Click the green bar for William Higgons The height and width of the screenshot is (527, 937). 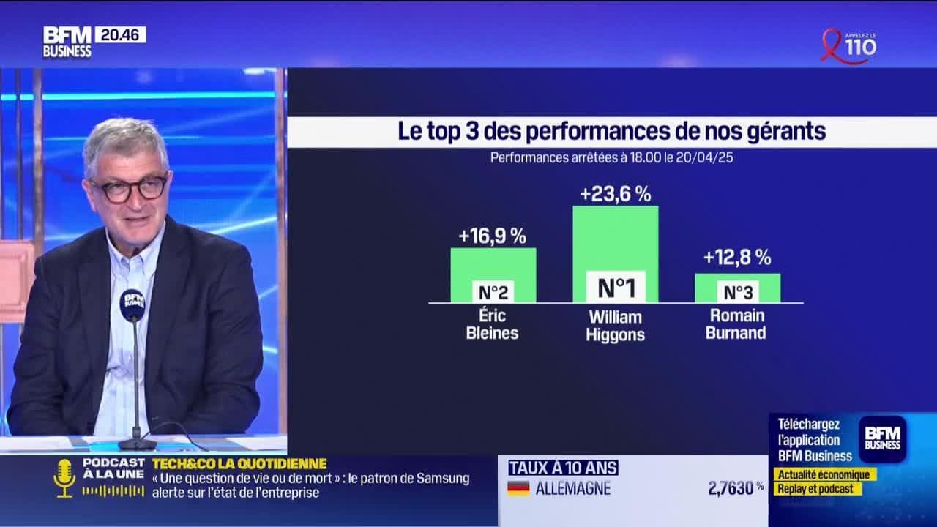(615, 238)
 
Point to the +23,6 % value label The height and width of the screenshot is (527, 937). (615, 195)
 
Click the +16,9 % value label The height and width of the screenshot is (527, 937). (492, 236)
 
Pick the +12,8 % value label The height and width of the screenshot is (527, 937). (736, 258)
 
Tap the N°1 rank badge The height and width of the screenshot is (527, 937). (616, 288)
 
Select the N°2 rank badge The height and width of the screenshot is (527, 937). (493, 293)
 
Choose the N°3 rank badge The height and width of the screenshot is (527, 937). (737, 293)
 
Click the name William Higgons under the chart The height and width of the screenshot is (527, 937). (615, 326)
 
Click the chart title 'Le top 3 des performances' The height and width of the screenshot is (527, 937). (611, 132)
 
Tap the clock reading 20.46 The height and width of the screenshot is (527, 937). (120, 34)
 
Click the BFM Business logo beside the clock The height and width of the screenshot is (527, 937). (67, 42)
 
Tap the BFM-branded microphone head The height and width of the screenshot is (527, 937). (132, 303)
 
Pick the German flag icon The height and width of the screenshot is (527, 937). (518, 488)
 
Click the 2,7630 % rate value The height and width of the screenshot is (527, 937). (735, 488)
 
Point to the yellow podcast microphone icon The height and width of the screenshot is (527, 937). (64, 478)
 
